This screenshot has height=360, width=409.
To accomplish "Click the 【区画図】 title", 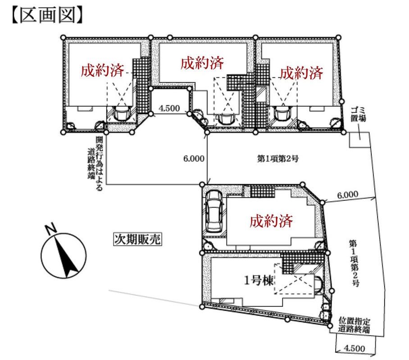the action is point(47,15).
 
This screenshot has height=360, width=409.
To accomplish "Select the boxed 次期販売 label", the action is point(137,239).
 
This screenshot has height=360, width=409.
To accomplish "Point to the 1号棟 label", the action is point(259,280).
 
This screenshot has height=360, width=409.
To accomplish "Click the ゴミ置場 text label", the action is point(358,114).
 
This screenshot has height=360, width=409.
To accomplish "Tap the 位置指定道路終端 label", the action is point(354,325).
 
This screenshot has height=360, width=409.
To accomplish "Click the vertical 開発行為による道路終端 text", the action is point(95,163).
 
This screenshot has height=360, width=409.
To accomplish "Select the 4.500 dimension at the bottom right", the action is point(354,348).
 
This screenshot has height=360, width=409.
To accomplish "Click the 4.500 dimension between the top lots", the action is point(169,108).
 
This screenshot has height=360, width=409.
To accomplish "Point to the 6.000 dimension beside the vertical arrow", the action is point(194,158).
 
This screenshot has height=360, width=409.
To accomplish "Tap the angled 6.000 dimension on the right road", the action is point(348,195).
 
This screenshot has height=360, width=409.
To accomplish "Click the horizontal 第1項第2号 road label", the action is point(278,158).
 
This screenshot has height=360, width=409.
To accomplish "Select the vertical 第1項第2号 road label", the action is point(354,263).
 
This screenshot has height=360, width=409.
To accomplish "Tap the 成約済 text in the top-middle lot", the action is point(202,63).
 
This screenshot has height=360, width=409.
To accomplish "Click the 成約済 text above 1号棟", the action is point(271,221).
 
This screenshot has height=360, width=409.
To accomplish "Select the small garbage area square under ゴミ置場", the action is point(360,139).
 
